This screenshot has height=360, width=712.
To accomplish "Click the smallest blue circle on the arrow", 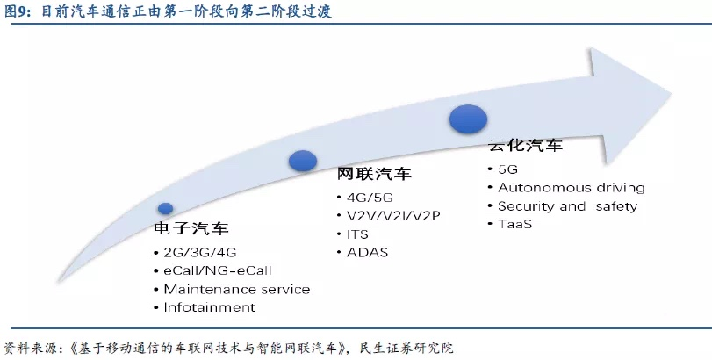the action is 165,208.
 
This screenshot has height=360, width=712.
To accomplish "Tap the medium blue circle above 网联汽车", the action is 303,161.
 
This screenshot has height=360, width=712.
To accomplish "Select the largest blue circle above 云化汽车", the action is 468,119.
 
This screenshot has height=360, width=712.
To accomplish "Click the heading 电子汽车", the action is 191,228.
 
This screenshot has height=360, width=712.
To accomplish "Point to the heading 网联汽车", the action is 374,174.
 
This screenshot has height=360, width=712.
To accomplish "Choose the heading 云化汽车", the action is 525,146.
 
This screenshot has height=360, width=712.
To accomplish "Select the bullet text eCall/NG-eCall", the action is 218,271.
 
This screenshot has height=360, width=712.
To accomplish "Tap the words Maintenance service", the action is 237,289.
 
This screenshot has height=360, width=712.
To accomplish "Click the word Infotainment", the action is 210,307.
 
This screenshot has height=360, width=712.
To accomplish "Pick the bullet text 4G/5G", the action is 370,198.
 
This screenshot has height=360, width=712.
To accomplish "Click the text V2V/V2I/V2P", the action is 393,216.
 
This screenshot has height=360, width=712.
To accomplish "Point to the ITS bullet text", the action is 358,234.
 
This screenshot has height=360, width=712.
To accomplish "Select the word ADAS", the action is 367,253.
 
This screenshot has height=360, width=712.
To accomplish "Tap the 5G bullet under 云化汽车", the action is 507,169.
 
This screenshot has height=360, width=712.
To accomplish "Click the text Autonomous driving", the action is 572,188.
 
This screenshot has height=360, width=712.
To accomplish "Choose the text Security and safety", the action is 568,206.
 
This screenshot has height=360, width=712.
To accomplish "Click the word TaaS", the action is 515,224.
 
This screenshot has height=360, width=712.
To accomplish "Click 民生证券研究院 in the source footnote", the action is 406,349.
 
